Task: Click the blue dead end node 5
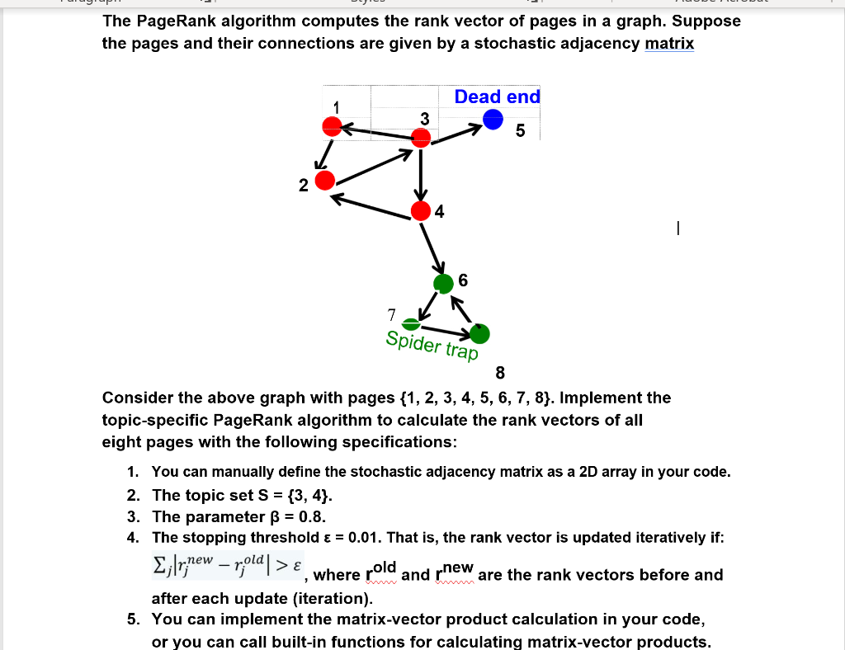tap(493, 120)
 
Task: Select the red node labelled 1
tap(332, 126)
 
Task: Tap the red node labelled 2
tap(325, 180)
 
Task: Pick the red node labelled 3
tap(421, 135)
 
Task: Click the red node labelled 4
tap(422, 210)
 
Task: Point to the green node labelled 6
tap(444, 284)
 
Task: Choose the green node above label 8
tap(479, 333)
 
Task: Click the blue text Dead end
tap(497, 97)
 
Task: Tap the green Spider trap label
tap(432, 346)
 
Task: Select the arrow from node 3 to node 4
tap(421, 173)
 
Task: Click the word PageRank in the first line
tap(178, 21)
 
